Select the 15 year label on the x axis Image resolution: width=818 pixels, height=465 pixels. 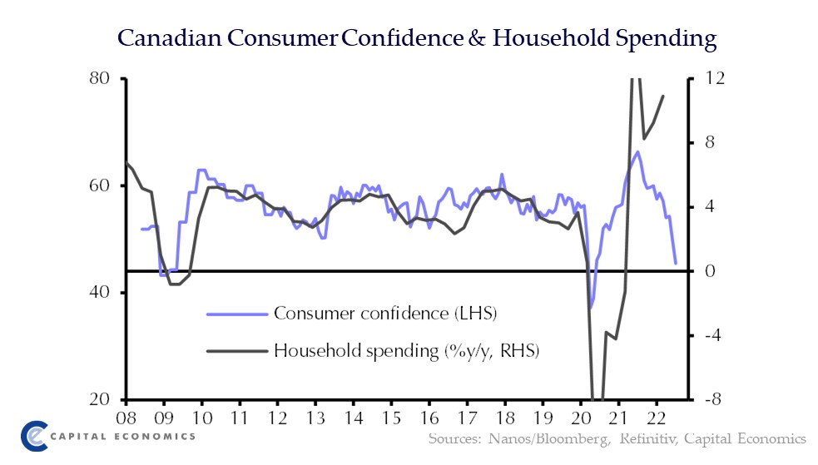390,418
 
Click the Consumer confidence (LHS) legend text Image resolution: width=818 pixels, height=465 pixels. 390,314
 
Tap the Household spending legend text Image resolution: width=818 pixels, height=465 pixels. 406,350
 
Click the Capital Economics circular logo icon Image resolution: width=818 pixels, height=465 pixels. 33,435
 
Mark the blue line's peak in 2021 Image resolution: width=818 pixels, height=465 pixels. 637,151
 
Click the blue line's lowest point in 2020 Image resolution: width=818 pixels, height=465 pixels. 591,308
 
